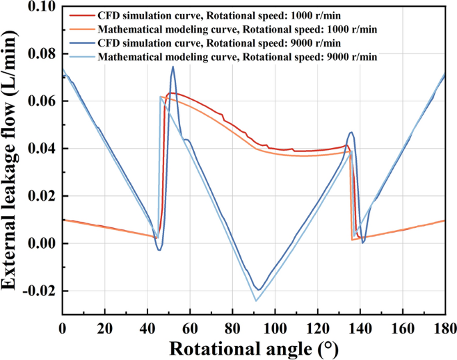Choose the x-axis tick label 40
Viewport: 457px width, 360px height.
click(x=147, y=328)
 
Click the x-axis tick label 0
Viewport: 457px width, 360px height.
click(x=63, y=328)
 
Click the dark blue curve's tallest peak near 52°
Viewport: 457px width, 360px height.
click(x=173, y=66)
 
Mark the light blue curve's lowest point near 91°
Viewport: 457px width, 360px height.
click(x=256, y=301)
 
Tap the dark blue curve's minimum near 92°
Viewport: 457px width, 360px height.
click(x=259, y=290)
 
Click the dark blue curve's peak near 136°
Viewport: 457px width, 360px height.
click(x=352, y=132)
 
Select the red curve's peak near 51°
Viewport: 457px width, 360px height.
click(x=171, y=93)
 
